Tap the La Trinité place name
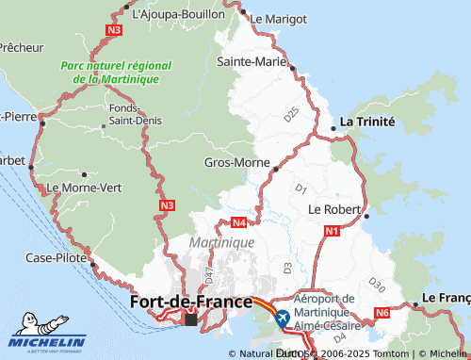[x=367, y=122]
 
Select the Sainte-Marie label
[x=252, y=61]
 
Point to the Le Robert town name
[x=331, y=208]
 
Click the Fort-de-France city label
[x=189, y=302]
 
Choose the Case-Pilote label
[x=57, y=257]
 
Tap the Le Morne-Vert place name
[x=85, y=188]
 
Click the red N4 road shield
[x=239, y=223]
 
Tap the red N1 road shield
[x=332, y=231]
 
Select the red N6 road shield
[x=382, y=313]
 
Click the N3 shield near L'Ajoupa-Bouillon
[x=114, y=30]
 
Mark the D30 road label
[x=378, y=283]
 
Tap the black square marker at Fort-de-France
[x=192, y=319]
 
